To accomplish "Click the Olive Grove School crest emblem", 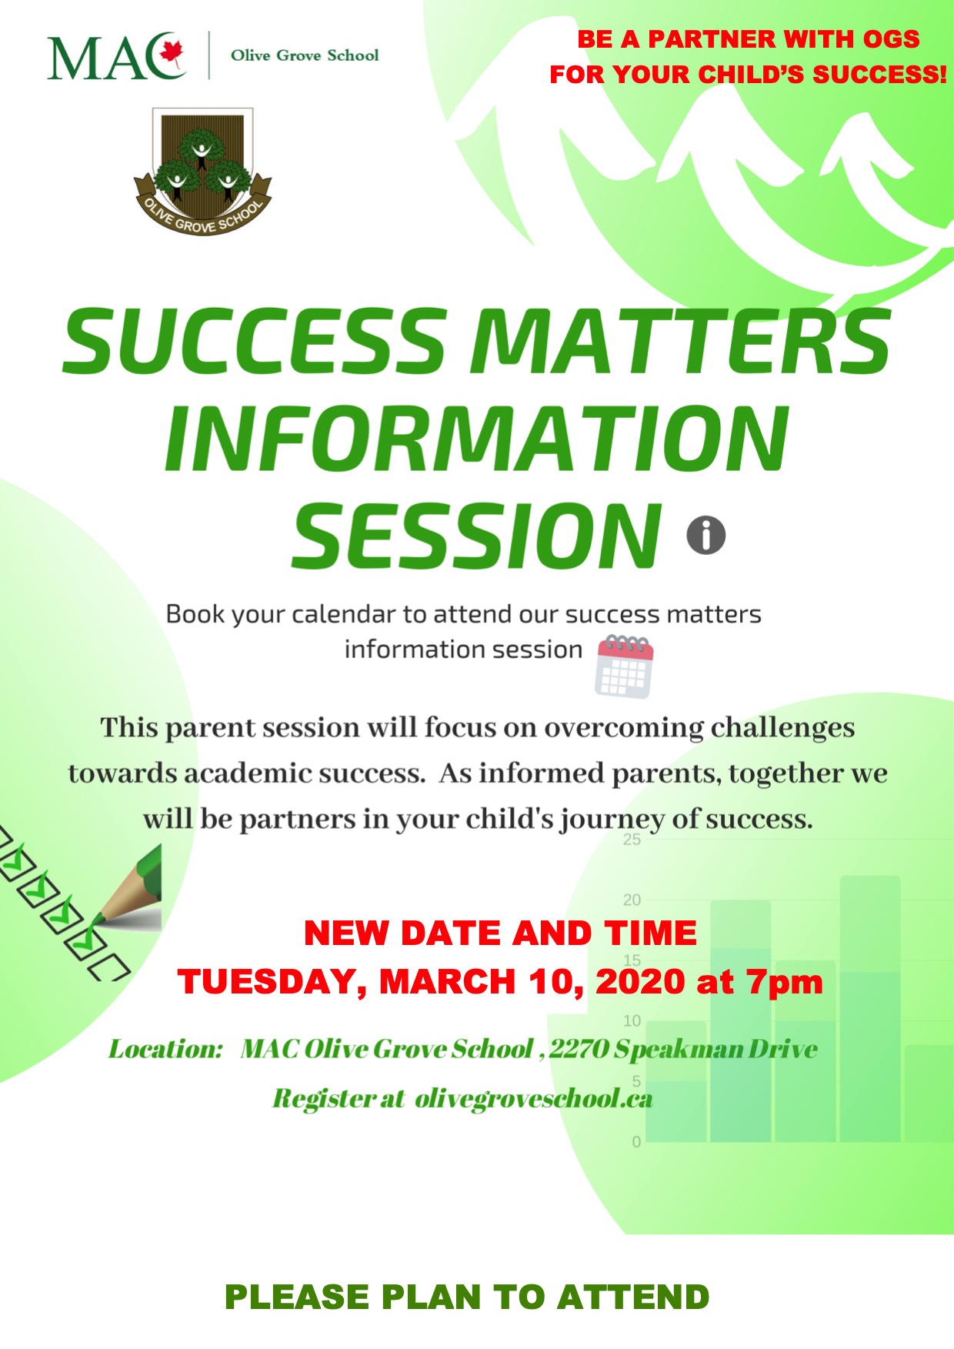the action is (x=202, y=172).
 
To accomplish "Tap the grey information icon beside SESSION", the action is (x=706, y=535).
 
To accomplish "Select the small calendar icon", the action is (x=624, y=666).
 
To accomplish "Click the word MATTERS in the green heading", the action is (x=682, y=341).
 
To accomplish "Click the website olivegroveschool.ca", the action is (x=534, y=1098).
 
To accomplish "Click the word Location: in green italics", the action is (x=165, y=1049).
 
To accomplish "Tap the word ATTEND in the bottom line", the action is (x=632, y=1297).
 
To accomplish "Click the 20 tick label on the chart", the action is (x=632, y=900).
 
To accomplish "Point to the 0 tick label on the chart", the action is (x=636, y=1142).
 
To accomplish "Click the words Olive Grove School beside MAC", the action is (x=305, y=55).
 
